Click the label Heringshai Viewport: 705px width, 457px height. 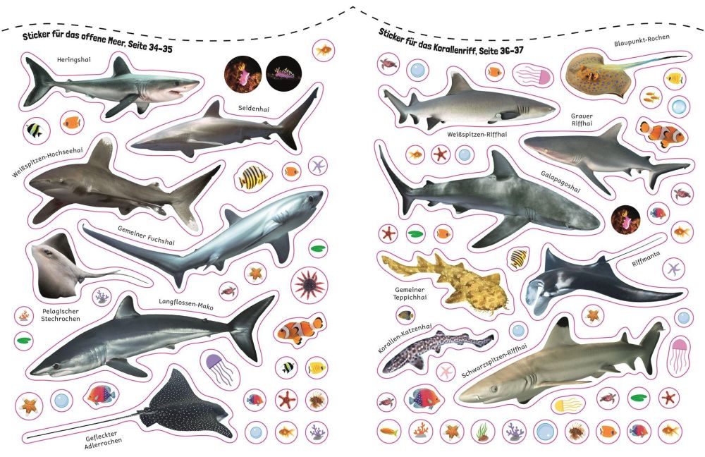(74, 59)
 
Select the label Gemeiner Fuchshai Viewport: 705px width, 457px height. (146, 236)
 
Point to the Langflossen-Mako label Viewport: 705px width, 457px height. (185, 304)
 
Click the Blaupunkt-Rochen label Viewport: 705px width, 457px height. (642, 40)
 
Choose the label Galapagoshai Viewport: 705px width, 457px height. (560, 181)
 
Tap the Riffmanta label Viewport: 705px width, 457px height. (646, 259)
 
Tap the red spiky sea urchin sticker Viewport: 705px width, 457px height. (309, 284)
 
